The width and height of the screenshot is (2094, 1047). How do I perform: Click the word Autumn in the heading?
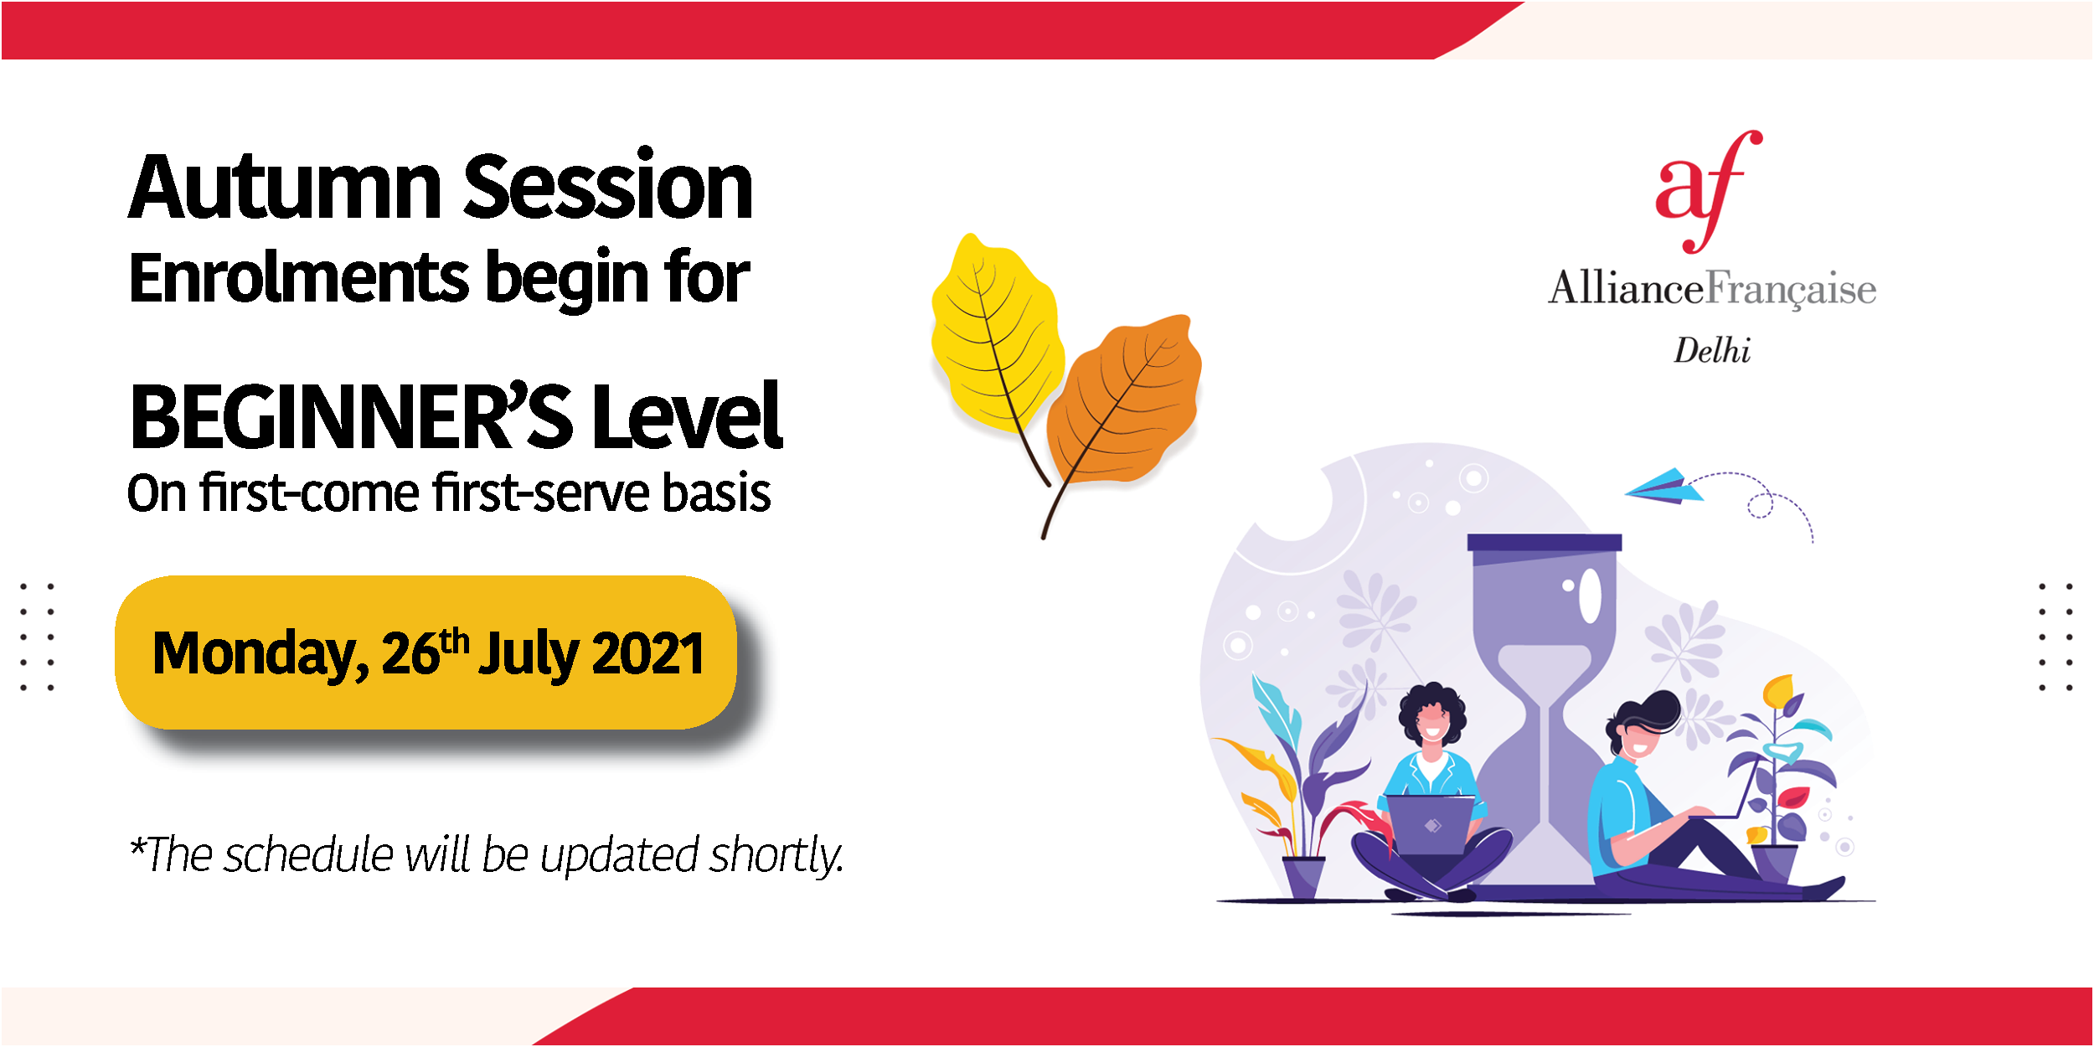click(x=285, y=188)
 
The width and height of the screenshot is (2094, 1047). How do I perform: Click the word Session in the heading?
click(x=608, y=186)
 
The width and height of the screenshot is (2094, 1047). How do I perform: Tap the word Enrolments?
click(x=299, y=277)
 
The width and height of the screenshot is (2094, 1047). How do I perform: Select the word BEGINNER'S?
click(x=351, y=415)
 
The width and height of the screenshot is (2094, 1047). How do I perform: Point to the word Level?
click(x=687, y=415)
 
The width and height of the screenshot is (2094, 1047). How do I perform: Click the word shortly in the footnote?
click(x=776, y=856)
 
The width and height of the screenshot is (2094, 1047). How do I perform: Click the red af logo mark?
click(x=1709, y=192)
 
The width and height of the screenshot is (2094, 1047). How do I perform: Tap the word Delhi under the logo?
click(x=1712, y=350)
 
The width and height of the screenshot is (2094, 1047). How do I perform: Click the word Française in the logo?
click(x=1791, y=290)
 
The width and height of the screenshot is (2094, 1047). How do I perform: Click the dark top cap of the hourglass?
click(x=1545, y=543)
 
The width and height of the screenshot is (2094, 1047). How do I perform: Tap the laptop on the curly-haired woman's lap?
click(x=1430, y=825)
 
